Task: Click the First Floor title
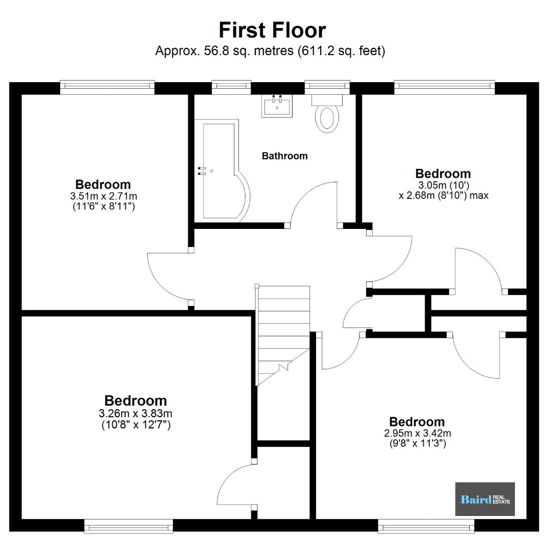coord(272,30)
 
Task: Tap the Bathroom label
coord(285,156)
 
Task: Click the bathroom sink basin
coord(277,106)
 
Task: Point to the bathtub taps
coord(202,170)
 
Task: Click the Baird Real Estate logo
coord(485,499)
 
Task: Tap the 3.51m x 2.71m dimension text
coord(104,196)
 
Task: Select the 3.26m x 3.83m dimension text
coord(135,413)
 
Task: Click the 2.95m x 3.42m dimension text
coord(417,433)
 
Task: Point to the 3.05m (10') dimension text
coord(443,184)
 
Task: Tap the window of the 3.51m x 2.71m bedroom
coord(107,87)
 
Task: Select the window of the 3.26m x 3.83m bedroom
coord(129,526)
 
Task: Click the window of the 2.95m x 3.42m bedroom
coord(426,526)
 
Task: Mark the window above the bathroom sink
coord(231,87)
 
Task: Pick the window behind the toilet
coord(327,87)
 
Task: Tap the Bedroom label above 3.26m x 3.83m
coord(136,401)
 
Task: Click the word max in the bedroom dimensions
coord(479,195)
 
